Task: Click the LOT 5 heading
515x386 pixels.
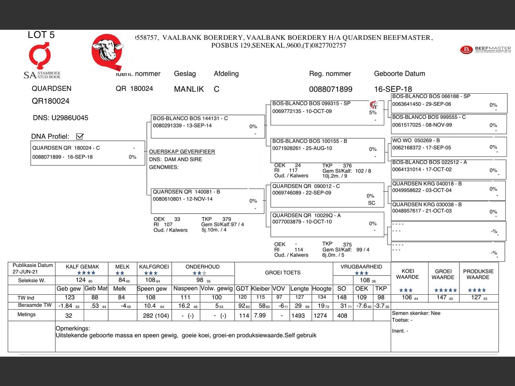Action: pyautogui.click(x=41, y=35)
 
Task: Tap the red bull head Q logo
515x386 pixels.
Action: pyautogui.click(x=107, y=51)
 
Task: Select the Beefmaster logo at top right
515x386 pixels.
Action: pyautogui.click(x=485, y=49)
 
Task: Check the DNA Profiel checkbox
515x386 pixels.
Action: pyautogui.click(x=80, y=136)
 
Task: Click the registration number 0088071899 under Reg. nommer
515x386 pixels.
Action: pyautogui.click(x=330, y=89)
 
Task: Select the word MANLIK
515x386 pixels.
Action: pyautogui.click(x=189, y=89)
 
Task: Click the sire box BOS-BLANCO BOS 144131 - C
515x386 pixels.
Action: pyautogui.click(x=208, y=126)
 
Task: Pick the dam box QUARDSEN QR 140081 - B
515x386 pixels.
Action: pyautogui.click(x=208, y=200)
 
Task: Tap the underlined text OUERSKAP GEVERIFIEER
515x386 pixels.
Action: pyautogui.click(x=182, y=152)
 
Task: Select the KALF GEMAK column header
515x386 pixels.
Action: pyautogui.click(x=82, y=267)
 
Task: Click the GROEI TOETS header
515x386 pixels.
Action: pyautogui.click(x=282, y=273)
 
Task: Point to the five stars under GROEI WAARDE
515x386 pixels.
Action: pyautogui.click(x=445, y=290)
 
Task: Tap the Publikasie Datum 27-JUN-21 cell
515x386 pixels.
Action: pyautogui.click(x=33, y=269)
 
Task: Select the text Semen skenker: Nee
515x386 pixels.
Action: pyautogui.click(x=416, y=313)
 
